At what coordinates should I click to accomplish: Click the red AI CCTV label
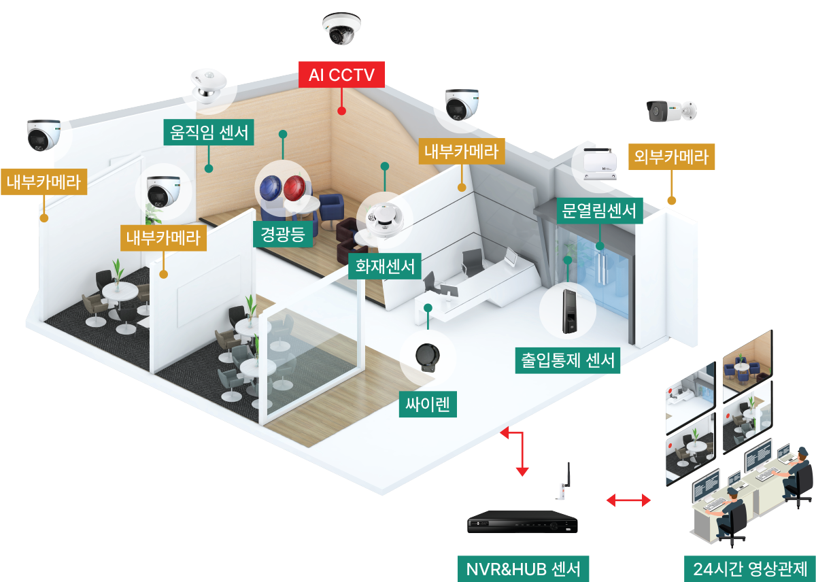coord(341,75)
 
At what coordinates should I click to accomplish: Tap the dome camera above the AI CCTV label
coord(341,29)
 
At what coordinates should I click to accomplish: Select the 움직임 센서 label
coord(209,132)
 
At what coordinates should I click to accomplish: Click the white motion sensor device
coord(208,86)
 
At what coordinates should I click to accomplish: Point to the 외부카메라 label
coord(671,156)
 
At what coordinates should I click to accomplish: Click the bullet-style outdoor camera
coord(671,111)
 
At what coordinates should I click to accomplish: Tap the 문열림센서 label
coord(600,211)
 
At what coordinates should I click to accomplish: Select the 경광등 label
coord(283,234)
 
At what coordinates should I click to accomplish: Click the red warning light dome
coord(294,188)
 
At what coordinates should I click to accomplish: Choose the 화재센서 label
coord(385,267)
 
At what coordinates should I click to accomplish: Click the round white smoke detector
coord(385,220)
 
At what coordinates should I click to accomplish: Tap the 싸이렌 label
coord(428,405)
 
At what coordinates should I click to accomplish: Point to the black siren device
coord(428,357)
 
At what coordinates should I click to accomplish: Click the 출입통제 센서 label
coord(568,360)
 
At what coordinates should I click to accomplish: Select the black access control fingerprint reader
coord(569,311)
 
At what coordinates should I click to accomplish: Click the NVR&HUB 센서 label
coord(523,569)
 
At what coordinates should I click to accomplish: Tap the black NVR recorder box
coord(522,522)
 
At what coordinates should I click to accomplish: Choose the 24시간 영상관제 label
coord(749,569)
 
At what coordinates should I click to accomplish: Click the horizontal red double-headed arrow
coord(628,500)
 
